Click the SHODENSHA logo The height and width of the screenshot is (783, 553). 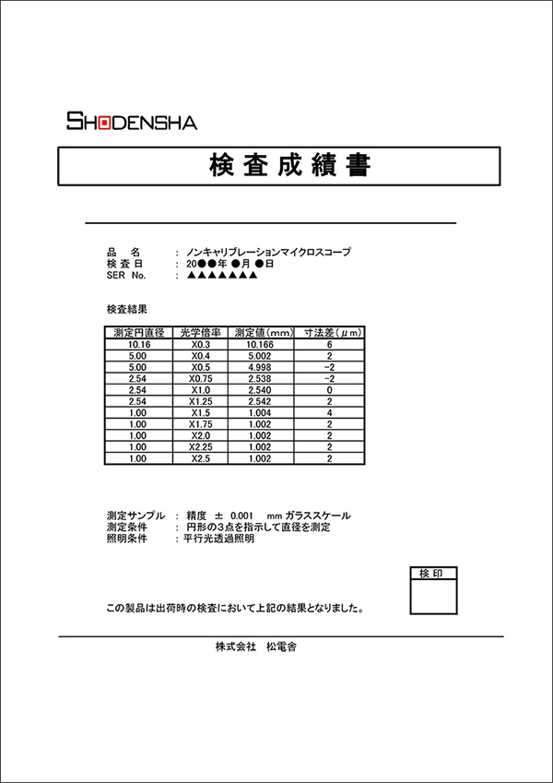pos(131,122)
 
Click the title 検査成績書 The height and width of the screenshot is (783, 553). pos(280,166)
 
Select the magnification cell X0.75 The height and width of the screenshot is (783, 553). pos(200,378)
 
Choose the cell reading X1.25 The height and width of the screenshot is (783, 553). pos(200,401)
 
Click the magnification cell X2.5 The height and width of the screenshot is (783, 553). pos(200,458)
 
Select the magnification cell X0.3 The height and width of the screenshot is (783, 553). pos(200,344)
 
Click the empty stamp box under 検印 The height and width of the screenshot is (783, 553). pos(432,598)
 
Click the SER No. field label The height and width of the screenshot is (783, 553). pos(126,275)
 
